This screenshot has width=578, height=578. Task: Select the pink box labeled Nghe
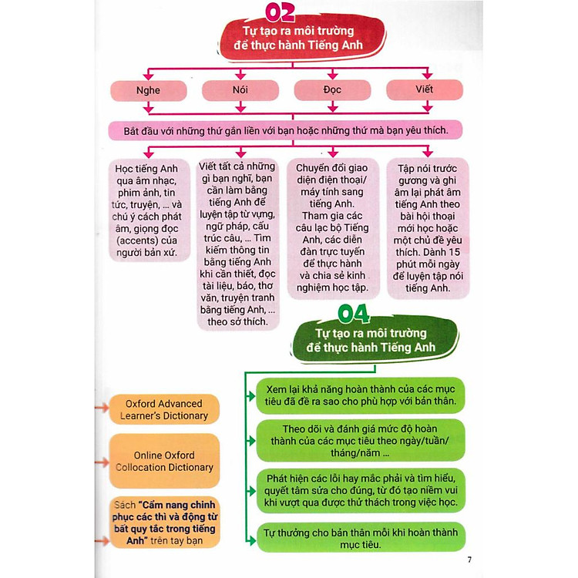coord(147,90)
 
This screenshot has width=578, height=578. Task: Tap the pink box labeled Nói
coord(240,90)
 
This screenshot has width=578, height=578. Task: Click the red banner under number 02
coord(287,39)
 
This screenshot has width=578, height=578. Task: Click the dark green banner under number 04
coord(375,340)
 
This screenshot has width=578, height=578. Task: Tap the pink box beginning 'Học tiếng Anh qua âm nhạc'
coord(147,209)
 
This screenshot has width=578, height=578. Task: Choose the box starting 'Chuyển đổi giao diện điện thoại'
coord(332,228)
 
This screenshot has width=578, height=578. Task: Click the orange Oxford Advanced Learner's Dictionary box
coord(164,409)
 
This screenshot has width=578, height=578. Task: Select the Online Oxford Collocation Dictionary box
coord(163,461)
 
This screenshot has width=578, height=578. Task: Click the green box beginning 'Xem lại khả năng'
coord(360,395)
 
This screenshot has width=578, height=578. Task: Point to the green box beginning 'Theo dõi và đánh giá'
coord(360,439)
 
